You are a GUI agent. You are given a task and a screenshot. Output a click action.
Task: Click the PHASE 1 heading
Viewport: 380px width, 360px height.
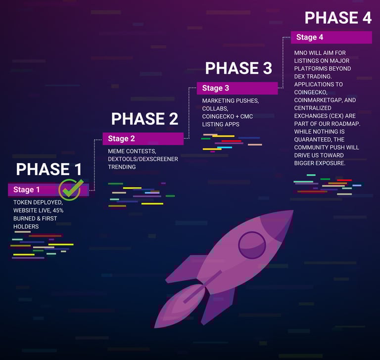pos(48,169)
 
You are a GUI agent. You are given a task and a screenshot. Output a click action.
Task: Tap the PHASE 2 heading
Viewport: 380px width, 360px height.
pos(144,119)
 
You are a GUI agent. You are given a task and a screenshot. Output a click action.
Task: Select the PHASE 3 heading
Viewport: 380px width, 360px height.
pos(238,68)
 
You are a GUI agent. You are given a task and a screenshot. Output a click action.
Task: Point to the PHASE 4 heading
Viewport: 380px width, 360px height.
pos(338,17)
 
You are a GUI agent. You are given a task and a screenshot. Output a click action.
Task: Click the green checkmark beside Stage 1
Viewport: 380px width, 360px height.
pos(72,189)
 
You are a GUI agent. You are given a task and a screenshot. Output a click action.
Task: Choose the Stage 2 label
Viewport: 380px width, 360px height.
pos(121,138)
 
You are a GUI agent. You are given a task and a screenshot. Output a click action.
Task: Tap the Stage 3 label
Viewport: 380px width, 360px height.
pos(215,88)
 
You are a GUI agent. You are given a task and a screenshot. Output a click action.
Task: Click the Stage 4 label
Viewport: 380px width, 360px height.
pos(309,37)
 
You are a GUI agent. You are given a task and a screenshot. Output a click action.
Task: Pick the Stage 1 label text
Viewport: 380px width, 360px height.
pos(26,189)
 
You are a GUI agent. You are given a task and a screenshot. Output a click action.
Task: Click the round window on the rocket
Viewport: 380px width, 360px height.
pos(252,245)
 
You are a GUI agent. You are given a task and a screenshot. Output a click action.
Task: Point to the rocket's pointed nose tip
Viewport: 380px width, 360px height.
pos(293,211)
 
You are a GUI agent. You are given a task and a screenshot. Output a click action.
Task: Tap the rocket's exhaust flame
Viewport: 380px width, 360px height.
pos(179,307)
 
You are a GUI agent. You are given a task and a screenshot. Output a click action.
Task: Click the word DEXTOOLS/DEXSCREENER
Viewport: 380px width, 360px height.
pos(143,159)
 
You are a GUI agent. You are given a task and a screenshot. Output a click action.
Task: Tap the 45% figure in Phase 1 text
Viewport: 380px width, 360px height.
pos(58,210)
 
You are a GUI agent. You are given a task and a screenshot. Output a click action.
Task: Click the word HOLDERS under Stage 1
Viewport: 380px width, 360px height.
pos(26,226)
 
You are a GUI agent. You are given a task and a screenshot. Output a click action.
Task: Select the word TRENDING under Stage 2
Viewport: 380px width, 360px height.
pos(122,167)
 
